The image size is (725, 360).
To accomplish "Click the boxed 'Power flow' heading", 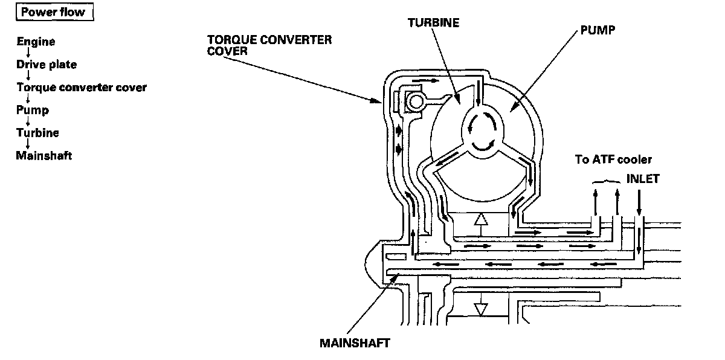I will tap(54, 13).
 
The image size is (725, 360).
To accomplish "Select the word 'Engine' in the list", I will tap(36, 42).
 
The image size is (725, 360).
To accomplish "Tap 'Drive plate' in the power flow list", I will tap(47, 65).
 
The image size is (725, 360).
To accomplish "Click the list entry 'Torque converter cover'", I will tap(81, 88).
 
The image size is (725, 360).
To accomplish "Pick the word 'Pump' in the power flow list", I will tap(33, 111).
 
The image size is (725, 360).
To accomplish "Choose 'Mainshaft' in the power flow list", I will tap(43, 156).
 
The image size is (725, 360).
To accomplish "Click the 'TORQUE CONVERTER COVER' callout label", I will tap(269, 45).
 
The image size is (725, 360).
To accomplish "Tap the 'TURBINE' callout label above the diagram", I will tap(433, 23).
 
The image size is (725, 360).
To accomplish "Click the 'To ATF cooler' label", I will tap(613, 160).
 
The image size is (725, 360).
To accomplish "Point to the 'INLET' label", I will tap(643, 179).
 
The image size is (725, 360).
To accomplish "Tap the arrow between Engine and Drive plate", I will tap(28, 53).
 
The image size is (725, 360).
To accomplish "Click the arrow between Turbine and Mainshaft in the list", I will tap(28, 144).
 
